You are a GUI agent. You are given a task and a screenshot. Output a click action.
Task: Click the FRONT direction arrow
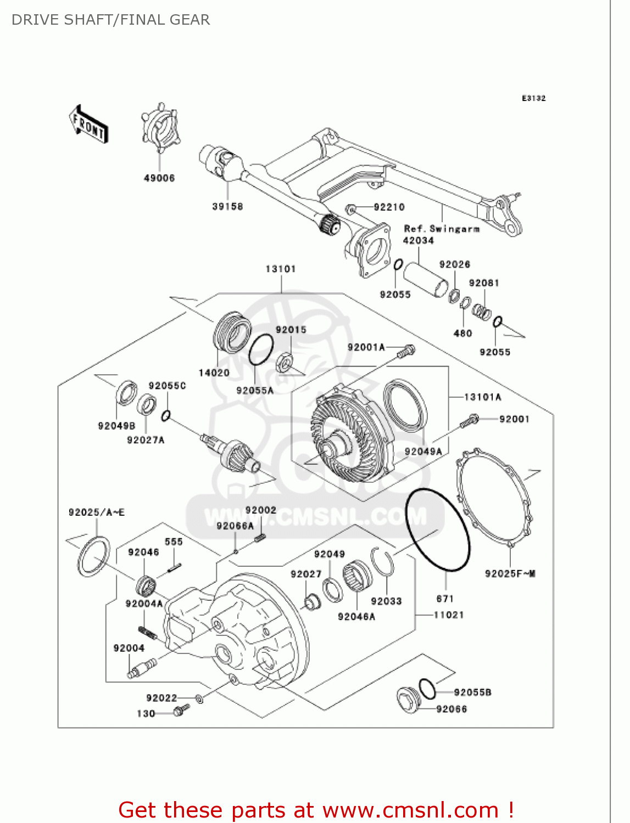click(x=88, y=125)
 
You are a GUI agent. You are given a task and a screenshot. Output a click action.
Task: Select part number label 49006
click(x=159, y=178)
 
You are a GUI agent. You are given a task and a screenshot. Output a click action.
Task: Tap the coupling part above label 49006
click(x=159, y=130)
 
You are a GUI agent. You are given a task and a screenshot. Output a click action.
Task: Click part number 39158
click(x=227, y=207)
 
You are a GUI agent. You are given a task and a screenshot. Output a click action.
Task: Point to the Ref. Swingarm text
click(x=442, y=229)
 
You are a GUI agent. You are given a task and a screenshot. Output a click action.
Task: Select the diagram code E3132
click(x=533, y=98)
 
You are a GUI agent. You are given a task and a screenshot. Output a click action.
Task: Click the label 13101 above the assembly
click(x=281, y=269)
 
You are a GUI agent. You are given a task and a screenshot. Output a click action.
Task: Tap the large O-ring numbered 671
click(x=438, y=531)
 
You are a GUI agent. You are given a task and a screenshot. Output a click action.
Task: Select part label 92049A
click(x=423, y=452)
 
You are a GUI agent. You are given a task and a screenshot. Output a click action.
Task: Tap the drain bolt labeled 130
click(x=181, y=711)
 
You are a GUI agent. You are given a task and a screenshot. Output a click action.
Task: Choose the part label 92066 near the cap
click(x=451, y=709)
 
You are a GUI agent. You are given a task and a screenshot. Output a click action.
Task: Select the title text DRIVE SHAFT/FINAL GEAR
click(x=110, y=20)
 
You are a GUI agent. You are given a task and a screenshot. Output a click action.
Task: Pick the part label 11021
click(x=449, y=615)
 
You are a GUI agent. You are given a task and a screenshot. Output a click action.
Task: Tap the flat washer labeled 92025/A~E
click(x=93, y=557)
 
